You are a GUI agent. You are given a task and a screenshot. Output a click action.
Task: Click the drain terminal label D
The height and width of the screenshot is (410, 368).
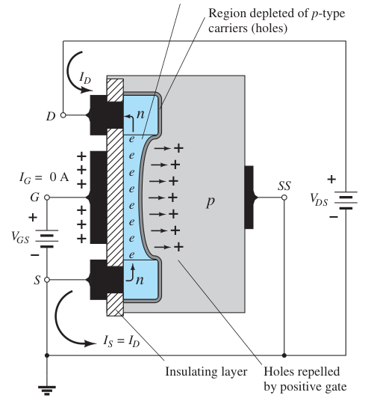(x=51, y=117)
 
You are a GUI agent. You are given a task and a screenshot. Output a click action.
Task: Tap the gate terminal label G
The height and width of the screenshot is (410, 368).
(x=34, y=198)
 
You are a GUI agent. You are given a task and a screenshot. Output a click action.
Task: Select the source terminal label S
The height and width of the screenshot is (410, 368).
(x=37, y=280)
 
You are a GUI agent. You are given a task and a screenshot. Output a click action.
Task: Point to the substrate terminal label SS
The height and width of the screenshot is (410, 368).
(x=284, y=186)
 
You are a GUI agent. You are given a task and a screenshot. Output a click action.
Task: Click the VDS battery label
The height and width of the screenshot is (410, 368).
(x=319, y=200)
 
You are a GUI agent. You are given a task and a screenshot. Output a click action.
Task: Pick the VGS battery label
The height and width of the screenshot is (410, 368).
(x=20, y=237)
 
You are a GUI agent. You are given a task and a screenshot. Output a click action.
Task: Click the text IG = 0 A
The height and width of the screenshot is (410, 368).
(x=44, y=178)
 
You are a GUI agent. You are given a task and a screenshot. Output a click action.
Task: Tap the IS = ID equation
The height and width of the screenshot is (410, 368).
(x=122, y=341)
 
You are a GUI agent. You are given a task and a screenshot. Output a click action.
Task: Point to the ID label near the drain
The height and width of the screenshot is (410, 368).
(x=85, y=78)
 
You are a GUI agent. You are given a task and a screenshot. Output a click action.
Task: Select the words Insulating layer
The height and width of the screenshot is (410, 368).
(x=206, y=372)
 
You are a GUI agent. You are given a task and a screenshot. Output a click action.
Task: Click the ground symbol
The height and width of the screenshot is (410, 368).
(x=47, y=390)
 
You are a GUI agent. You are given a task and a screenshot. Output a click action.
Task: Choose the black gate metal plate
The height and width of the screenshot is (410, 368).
(x=97, y=198)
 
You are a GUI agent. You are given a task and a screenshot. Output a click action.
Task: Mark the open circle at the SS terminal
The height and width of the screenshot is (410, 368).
(x=284, y=198)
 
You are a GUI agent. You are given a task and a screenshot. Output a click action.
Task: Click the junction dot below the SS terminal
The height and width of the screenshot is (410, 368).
(x=284, y=355)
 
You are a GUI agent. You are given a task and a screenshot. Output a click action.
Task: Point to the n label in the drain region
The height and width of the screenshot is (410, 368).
(x=140, y=114)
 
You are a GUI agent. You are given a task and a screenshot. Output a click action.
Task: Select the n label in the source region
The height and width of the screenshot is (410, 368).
(x=140, y=280)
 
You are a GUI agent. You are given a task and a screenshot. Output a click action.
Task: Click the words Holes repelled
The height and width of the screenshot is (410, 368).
(x=302, y=372)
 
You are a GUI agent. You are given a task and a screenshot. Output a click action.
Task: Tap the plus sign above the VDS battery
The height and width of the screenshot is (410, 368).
(x=331, y=180)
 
